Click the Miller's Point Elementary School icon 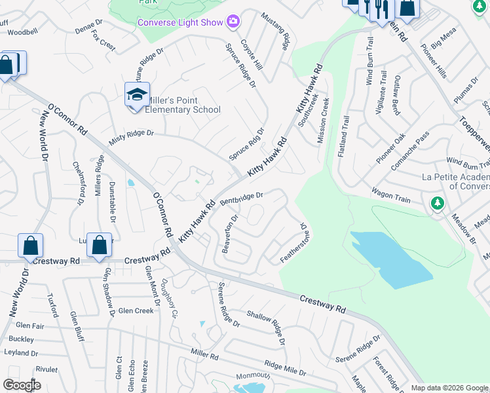point(137,95)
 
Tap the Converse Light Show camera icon point(233,22)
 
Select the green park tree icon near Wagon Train point(437,204)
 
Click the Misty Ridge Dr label point(131,133)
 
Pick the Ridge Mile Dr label point(285,367)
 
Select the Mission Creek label point(323,121)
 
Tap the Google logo point(22,385)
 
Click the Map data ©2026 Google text point(449,388)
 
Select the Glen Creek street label point(135,311)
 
